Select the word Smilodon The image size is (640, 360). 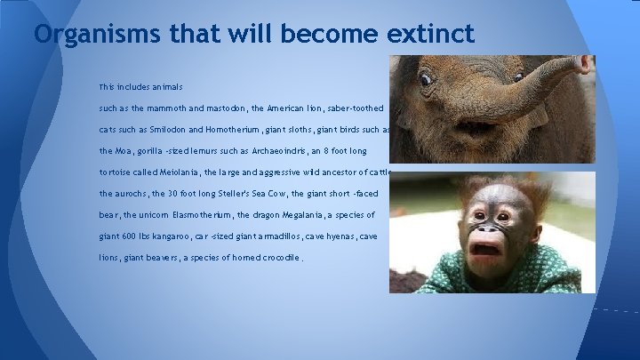[177, 130]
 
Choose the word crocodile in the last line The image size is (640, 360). [271, 258]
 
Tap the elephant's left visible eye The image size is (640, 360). [427, 80]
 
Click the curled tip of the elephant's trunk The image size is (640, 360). [582, 64]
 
